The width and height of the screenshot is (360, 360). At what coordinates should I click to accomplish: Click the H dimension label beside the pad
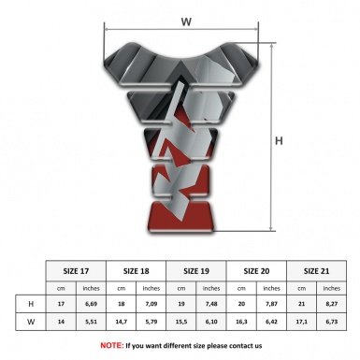click(x=279, y=142)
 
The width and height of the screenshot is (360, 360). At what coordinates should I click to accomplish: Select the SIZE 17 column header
click(x=77, y=269)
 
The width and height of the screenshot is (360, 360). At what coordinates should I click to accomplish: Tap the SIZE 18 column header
click(x=137, y=269)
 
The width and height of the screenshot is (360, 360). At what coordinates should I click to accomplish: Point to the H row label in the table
click(x=32, y=304)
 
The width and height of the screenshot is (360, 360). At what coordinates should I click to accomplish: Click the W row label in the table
click(x=32, y=321)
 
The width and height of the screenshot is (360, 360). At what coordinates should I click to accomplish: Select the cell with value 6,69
click(x=93, y=304)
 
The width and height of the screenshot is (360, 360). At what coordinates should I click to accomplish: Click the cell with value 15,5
click(x=182, y=321)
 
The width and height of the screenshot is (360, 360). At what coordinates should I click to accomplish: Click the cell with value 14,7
click(x=122, y=321)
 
